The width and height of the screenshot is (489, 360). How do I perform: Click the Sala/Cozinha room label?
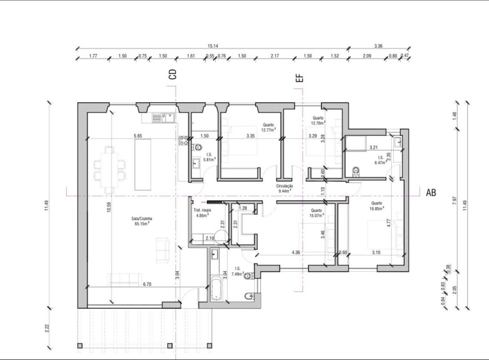click(141, 221)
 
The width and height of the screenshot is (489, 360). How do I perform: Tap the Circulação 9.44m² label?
click(285, 188)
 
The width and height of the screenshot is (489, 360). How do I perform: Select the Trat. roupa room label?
click(202, 212)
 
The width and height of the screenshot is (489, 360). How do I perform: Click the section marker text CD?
click(172, 74)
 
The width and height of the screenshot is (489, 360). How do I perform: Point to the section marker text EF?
click(299, 78)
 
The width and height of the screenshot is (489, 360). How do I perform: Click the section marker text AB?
click(431, 193)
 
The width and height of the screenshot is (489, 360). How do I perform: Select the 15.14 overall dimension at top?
click(213, 46)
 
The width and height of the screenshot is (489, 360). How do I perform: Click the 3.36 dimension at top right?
click(378, 46)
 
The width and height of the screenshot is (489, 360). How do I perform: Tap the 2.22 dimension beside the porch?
click(47, 328)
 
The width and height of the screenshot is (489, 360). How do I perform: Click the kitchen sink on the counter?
click(163, 117)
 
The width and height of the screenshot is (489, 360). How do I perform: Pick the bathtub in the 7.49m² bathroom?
click(216, 288)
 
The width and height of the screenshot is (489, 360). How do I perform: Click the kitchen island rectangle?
click(143, 164)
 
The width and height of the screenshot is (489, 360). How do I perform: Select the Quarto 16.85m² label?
click(377, 206)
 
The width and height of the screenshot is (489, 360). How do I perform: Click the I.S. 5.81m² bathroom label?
click(209, 157)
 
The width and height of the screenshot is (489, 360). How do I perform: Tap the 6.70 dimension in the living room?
click(147, 284)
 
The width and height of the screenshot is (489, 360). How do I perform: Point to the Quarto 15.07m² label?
click(316, 213)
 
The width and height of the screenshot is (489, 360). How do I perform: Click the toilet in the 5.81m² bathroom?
click(197, 147)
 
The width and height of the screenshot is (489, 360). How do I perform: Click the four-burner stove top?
click(183, 140)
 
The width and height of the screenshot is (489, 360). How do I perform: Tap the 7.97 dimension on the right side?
click(454, 200)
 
